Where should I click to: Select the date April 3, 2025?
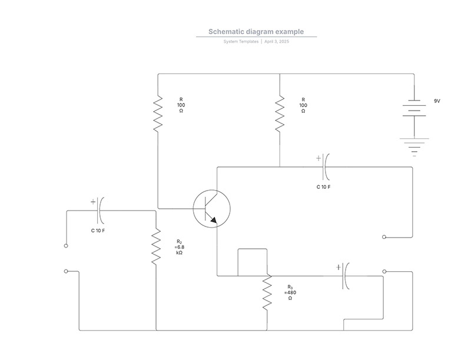click(277, 41)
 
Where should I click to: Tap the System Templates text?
click(241, 41)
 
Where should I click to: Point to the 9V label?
click(437, 101)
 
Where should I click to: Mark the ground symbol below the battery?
click(414, 147)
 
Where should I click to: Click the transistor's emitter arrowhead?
click(214, 220)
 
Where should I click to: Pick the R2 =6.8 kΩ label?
click(180, 247)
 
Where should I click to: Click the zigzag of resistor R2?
click(156, 247)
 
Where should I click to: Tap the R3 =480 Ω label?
click(290, 292)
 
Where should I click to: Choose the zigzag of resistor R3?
click(267, 292)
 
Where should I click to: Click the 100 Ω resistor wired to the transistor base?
click(158, 114)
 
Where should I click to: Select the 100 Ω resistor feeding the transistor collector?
click(280, 114)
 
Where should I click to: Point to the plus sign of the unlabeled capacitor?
click(339, 267)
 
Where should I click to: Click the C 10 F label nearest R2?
click(98, 231)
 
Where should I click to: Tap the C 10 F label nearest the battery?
click(323, 187)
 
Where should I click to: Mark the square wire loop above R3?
click(253, 249)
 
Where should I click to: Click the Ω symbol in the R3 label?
click(290, 298)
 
